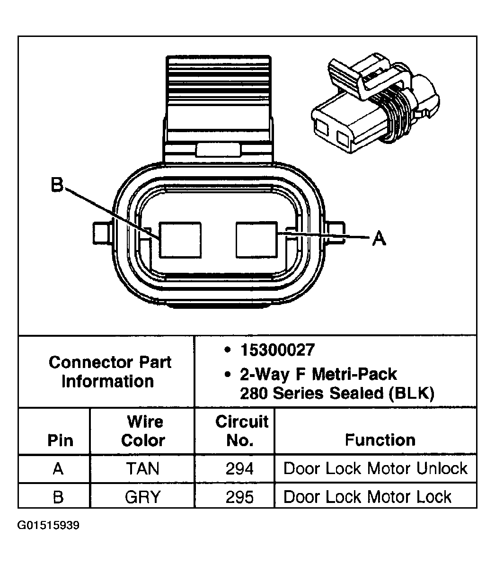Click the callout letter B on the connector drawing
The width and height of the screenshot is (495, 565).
click(x=57, y=185)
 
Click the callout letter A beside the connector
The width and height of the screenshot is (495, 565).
click(x=379, y=238)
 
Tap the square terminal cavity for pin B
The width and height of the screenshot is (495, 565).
click(x=179, y=241)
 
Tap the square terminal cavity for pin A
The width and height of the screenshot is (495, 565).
click(x=256, y=241)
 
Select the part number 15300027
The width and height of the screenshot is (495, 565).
click(x=277, y=350)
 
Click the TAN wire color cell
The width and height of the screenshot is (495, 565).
click(x=142, y=469)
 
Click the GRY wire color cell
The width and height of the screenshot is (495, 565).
click(x=142, y=497)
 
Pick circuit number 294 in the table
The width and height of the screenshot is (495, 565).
click(x=239, y=469)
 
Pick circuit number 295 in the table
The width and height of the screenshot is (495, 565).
click(x=239, y=497)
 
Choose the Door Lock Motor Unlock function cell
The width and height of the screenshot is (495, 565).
click(x=375, y=469)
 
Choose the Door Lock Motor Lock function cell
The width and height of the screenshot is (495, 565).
click(x=367, y=497)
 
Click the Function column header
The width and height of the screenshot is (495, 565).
click(x=380, y=440)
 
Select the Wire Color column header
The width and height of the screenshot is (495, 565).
click(x=143, y=431)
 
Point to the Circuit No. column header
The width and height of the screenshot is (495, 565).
click(x=241, y=431)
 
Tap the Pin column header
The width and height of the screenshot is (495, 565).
click(x=61, y=440)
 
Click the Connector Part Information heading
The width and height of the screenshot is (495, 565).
click(x=109, y=372)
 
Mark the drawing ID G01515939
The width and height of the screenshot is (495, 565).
click(x=48, y=525)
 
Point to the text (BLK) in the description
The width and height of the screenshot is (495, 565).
click(x=410, y=394)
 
